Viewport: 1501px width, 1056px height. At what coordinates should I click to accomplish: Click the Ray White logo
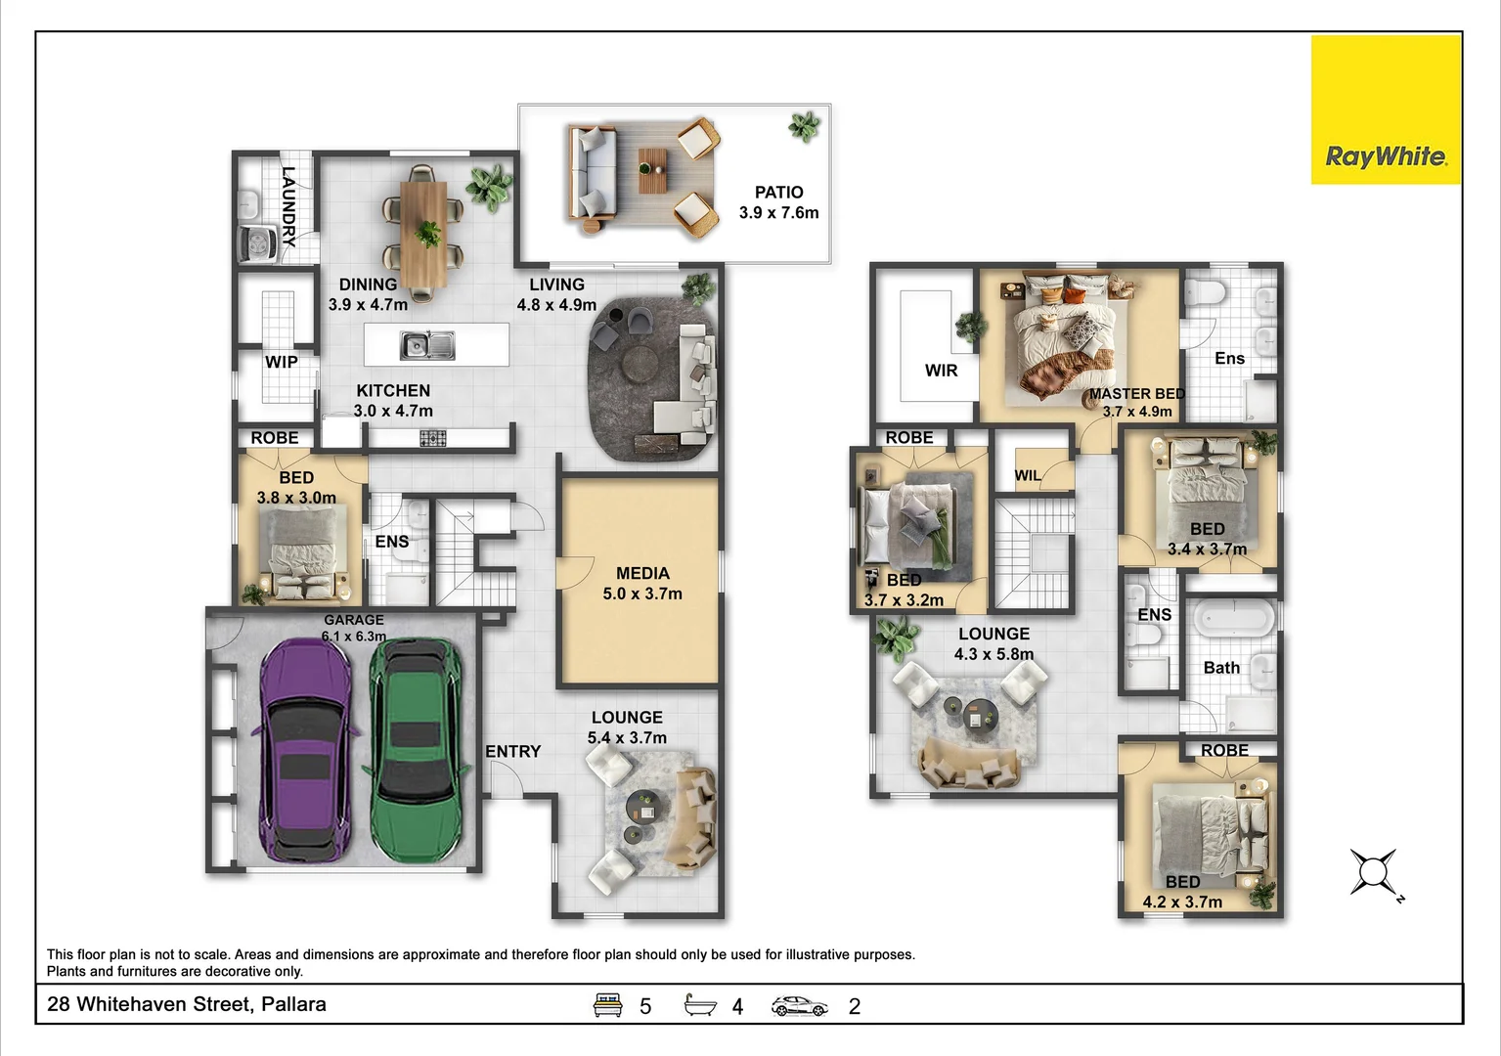(1386, 110)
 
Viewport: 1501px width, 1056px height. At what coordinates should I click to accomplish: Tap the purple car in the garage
(305, 751)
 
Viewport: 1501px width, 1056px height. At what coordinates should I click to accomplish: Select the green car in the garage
(416, 750)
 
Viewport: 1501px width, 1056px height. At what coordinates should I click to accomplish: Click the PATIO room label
(778, 193)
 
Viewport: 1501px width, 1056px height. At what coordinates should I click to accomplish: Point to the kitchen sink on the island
(427, 345)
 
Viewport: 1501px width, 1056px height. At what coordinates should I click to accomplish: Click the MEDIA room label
(642, 574)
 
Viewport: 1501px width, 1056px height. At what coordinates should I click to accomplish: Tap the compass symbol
(1375, 872)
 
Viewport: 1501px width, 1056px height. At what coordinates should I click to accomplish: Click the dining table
(424, 233)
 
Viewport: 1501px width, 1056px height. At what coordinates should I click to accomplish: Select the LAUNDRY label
(288, 206)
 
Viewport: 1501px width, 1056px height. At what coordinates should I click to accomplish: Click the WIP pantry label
(282, 362)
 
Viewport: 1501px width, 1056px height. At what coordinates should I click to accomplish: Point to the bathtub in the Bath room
(1234, 616)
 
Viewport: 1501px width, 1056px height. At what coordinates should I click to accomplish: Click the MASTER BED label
(1137, 394)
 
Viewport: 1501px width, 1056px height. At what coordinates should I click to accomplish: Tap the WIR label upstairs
(941, 371)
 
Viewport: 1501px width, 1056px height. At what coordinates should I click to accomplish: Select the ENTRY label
(512, 752)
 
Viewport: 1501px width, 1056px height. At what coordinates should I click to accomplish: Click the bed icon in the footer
(608, 1005)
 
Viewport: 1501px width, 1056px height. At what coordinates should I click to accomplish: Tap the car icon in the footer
(800, 1006)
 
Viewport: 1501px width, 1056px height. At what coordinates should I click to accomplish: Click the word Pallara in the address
(293, 1004)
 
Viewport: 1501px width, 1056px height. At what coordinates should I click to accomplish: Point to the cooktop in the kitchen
(433, 439)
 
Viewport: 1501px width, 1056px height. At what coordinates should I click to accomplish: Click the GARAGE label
(354, 621)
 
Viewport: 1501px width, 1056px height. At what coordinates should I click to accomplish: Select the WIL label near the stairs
(1028, 476)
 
